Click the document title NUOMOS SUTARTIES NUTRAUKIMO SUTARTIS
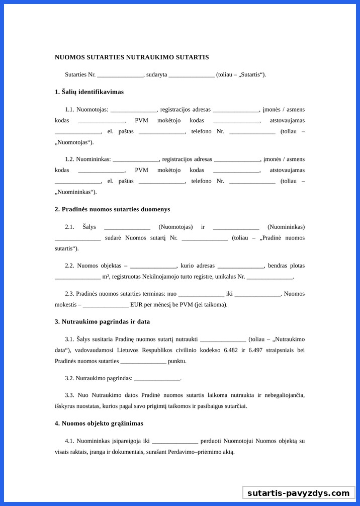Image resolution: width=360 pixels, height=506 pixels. (132, 57)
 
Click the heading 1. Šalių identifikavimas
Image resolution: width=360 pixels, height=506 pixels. (89, 92)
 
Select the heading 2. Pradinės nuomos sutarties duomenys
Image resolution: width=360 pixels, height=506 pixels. (112, 209)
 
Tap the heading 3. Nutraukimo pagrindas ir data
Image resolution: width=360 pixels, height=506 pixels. (102, 322)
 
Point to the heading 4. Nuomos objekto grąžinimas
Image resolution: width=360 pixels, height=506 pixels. (99, 424)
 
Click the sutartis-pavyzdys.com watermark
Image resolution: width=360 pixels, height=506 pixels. (298, 493)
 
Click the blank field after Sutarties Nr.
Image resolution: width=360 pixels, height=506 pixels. (120, 75)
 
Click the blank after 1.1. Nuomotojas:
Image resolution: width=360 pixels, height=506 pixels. (133, 110)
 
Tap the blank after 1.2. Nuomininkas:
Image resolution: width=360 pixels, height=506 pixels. (136, 159)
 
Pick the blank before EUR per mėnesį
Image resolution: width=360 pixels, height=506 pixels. (106, 305)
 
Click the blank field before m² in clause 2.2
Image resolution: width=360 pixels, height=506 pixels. (77, 277)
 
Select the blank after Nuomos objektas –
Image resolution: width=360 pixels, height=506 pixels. (153, 266)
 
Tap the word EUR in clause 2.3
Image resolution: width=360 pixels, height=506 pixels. (136, 305)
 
